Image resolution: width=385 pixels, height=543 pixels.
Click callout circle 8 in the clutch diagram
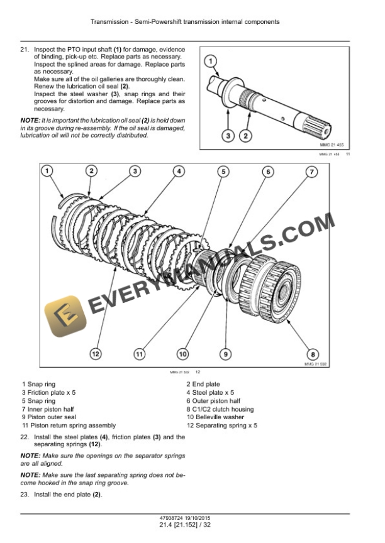tap(313, 354)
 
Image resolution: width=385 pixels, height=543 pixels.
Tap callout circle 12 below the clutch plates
tap(95, 354)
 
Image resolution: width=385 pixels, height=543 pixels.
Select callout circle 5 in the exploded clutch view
tap(223, 172)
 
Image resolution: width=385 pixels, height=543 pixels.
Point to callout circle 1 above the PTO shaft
tap(210, 62)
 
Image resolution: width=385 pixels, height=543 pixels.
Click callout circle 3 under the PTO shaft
tap(228, 135)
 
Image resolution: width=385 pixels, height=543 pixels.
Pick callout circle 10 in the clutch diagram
tap(182, 354)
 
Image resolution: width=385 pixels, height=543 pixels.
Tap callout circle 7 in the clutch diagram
tap(311, 172)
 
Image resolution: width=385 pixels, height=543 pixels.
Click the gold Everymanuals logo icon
tap(65, 316)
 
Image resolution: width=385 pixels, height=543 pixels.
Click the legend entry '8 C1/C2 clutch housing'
tap(220, 409)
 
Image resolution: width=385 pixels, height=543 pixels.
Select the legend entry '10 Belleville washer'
tap(215, 417)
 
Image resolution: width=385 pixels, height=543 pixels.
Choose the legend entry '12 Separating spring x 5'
tap(222, 425)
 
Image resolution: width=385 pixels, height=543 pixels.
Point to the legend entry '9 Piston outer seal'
tap(49, 417)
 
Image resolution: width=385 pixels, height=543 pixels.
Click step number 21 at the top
tap(25, 50)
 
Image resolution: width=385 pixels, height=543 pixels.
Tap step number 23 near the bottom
tap(25, 495)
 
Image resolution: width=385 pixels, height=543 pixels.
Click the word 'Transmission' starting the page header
tap(109, 22)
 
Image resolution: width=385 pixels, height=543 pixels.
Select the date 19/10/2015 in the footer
tap(196, 518)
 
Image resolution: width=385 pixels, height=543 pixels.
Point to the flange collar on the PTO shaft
tap(231, 92)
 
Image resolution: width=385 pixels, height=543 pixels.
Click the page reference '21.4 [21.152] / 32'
tap(185, 525)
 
